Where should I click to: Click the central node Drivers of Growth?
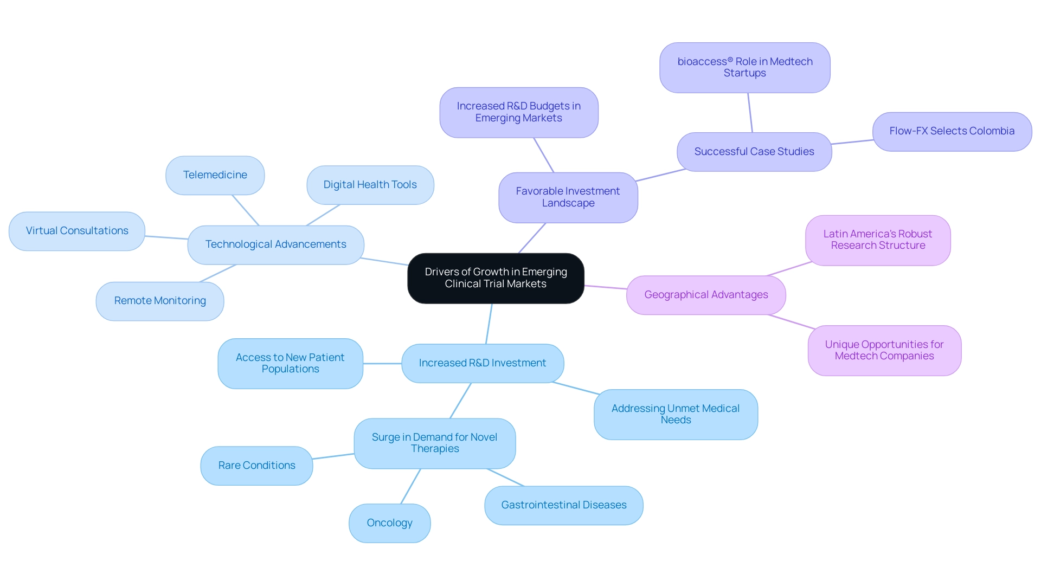click(496, 278)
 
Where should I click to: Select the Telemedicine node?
click(215, 175)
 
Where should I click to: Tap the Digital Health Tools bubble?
click(370, 185)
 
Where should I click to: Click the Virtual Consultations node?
click(77, 231)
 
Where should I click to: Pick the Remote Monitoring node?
click(160, 301)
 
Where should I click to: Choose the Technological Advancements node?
click(275, 244)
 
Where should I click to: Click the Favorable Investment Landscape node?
click(568, 197)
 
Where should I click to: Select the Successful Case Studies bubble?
click(754, 152)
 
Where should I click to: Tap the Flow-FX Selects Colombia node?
click(952, 131)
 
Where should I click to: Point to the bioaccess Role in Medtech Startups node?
click(744, 68)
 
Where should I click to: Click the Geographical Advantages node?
click(705, 295)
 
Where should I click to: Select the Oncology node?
click(389, 523)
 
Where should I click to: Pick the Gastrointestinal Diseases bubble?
click(563, 505)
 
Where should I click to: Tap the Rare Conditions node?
click(256, 466)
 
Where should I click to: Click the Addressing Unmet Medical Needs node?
click(675, 414)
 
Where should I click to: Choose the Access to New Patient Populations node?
click(290, 363)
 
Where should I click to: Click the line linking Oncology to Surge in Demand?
click(410, 486)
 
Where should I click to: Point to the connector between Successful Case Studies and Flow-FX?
click(852, 142)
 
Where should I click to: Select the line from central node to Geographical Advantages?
click(605, 287)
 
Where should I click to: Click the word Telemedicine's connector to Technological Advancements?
click(246, 210)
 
